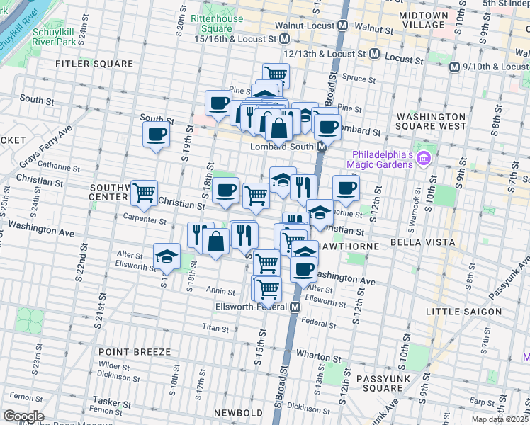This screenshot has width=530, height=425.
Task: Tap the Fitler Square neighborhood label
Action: point(95,64)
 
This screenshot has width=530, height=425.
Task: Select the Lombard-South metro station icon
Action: point(321,147)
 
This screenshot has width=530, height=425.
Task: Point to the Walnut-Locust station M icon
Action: point(343,25)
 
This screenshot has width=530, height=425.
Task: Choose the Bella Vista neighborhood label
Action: point(410,244)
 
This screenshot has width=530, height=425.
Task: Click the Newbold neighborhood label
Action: point(239,412)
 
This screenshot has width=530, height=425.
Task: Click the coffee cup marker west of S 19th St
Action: point(157,134)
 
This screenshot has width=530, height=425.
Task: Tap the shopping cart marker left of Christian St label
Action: point(144,192)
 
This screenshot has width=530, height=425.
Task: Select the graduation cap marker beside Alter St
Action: point(167,256)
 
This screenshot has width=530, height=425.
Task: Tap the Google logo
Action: point(23,416)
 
